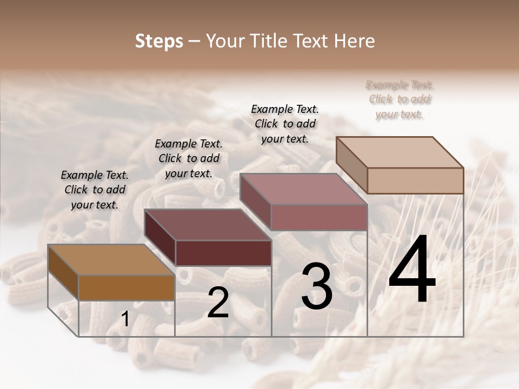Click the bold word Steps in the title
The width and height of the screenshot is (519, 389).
(159, 41)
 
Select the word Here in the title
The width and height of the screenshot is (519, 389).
(355, 41)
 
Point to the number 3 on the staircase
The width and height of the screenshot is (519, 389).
(317, 286)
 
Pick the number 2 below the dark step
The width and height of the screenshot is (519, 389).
(218, 303)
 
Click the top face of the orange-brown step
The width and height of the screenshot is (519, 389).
(111, 260)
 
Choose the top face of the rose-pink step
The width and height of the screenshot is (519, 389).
(303, 189)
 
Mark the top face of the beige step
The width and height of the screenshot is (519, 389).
(400, 152)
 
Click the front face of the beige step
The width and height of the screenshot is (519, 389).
(415, 180)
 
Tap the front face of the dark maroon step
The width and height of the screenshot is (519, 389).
(223, 253)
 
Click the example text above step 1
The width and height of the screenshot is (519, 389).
(95, 190)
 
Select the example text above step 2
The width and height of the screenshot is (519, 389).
(189, 158)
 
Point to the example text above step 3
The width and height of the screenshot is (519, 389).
(285, 124)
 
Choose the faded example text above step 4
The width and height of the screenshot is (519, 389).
(400, 99)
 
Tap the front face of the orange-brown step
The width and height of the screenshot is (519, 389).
(127, 287)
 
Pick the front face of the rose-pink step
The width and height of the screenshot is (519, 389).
(319, 217)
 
